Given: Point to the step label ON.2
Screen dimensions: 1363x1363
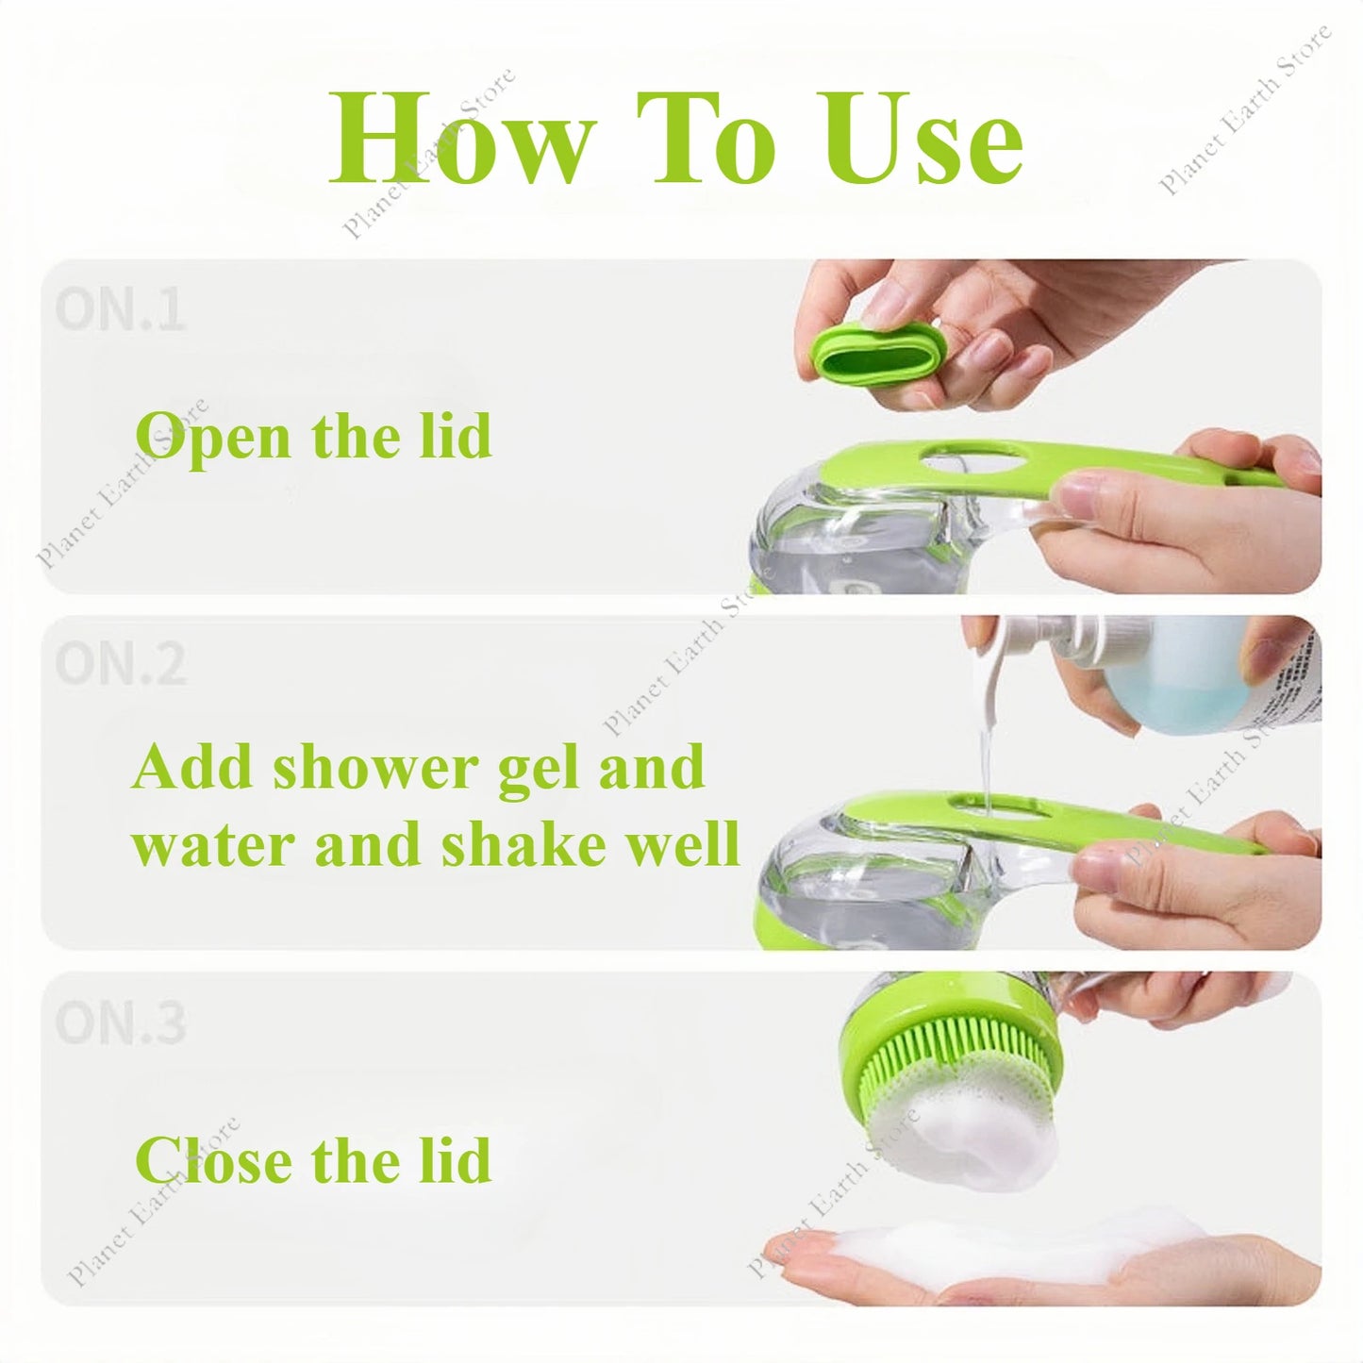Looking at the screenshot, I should pyautogui.click(x=120, y=664).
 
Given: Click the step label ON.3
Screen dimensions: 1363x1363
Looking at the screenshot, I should pyautogui.click(x=120, y=1022).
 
